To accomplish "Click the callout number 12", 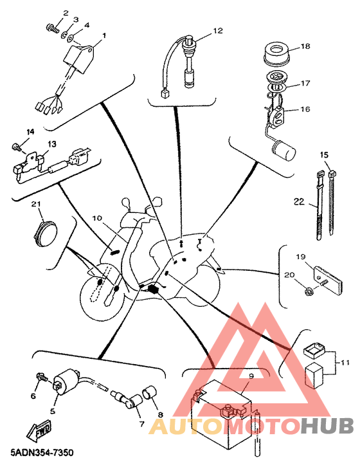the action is pyautogui.click(x=218, y=31).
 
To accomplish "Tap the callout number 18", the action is pyautogui.click(x=305, y=46).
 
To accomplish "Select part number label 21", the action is pyautogui.click(x=36, y=204).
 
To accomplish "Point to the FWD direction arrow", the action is pyautogui.click(x=39, y=430).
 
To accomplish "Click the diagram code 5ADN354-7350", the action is pyautogui.click(x=42, y=453).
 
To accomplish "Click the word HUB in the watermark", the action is pyautogui.click(x=327, y=425).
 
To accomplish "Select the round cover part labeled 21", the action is pyautogui.click(x=46, y=231).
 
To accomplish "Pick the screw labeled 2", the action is pyautogui.click(x=52, y=28).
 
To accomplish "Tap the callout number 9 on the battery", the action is pyautogui.click(x=251, y=376).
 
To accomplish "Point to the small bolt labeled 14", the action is pyautogui.click(x=16, y=146).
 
